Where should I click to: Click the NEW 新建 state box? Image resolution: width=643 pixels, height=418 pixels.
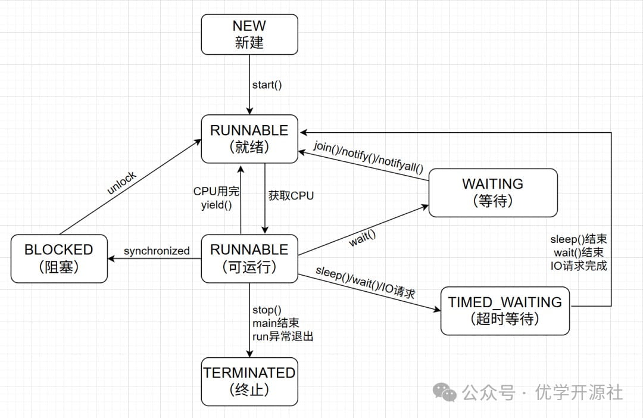click(x=249, y=34)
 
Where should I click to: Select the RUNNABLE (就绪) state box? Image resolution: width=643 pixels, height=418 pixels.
click(x=249, y=139)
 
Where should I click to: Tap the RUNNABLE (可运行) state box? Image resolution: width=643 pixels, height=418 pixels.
click(x=249, y=258)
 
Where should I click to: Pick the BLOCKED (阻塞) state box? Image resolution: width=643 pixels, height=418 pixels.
click(x=59, y=258)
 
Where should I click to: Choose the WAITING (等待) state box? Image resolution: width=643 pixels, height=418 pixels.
click(x=493, y=192)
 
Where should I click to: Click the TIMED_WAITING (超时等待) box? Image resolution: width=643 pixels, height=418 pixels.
click(x=505, y=310)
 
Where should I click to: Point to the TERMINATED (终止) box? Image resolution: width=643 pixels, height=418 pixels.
click(x=249, y=381)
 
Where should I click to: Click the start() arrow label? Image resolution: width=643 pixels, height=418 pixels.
click(x=267, y=85)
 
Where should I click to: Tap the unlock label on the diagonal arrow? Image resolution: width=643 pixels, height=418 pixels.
click(x=122, y=183)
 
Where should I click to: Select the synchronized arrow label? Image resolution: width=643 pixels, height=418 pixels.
click(x=157, y=251)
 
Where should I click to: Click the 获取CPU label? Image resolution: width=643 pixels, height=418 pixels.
click(x=291, y=195)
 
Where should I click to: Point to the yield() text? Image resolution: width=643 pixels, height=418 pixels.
click(x=217, y=205)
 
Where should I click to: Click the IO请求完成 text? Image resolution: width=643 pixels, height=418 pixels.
click(x=579, y=266)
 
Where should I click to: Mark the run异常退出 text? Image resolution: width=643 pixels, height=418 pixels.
click(x=283, y=336)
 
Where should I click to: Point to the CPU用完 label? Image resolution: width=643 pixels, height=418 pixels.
click(x=216, y=191)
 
